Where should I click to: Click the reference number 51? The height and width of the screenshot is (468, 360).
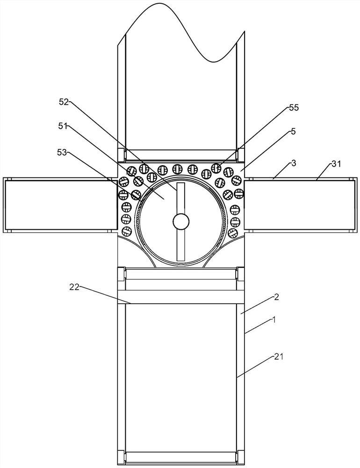point(64,126)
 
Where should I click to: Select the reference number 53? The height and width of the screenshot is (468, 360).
point(62,152)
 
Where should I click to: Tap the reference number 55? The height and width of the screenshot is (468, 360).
point(293,108)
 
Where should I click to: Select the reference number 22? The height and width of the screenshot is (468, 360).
point(73,287)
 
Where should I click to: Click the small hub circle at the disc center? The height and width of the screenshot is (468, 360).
point(180,221)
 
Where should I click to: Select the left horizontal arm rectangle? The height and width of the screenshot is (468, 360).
point(60,205)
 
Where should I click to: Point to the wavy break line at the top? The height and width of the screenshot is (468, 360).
point(182,28)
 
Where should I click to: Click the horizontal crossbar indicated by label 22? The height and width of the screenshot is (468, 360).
point(180,298)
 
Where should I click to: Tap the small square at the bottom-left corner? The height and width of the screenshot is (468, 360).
point(121,456)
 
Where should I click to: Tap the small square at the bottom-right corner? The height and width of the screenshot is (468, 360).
point(241,456)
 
